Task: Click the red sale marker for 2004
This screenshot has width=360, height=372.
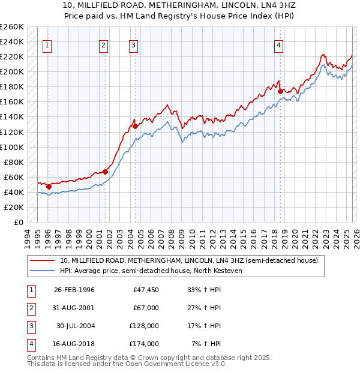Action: point(135,126)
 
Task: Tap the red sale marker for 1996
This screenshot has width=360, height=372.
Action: point(49,187)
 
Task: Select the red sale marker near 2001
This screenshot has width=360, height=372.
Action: point(105,172)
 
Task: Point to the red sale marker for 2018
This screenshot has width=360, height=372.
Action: point(280,91)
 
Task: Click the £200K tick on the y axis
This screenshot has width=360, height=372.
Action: point(12,71)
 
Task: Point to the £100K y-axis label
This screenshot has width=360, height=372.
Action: point(12,147)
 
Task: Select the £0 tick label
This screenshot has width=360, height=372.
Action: point(18,222)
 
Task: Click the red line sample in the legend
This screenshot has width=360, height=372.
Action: point(43,260)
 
